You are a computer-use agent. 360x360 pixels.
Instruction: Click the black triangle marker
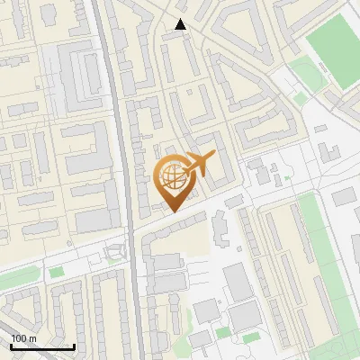181,24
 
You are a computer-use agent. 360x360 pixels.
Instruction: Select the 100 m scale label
23,337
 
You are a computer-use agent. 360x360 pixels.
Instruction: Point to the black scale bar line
42,346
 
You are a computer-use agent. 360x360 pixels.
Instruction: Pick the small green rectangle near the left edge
56,271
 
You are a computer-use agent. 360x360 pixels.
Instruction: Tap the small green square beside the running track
322,128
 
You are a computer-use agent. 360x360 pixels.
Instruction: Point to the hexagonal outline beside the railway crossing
114,252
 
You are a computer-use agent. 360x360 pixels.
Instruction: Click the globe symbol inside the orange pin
172,176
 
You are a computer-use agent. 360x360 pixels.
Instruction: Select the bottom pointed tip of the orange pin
174,211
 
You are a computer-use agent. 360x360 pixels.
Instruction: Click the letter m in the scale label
32,337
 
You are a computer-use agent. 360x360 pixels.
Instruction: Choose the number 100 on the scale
19,337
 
